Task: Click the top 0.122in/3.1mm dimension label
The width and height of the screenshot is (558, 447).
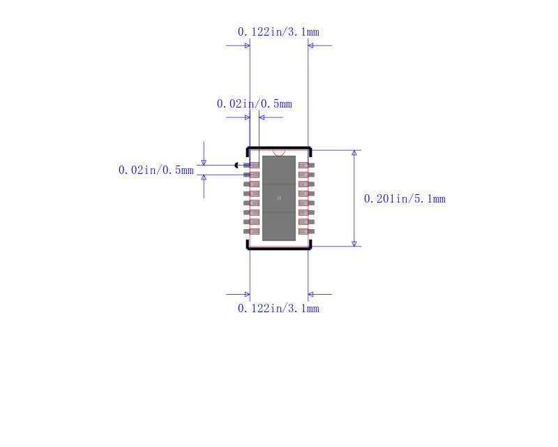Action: click(278, 31)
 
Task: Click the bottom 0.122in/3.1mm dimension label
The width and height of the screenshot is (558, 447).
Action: click(278, 308)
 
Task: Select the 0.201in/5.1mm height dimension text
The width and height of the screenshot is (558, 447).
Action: click(405, 199)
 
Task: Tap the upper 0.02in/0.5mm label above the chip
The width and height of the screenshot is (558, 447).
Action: click(254, 103)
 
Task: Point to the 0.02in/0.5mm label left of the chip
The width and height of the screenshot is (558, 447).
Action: click(156, 170)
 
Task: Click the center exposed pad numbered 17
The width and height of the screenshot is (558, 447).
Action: click(279, 198)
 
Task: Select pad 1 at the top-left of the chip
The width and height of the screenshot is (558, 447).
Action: click(252, 165)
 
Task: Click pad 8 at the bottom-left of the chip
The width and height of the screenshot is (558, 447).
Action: click(252, 231)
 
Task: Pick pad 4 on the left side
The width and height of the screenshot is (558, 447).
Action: click(252, 193)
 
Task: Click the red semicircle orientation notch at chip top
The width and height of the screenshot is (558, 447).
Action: click(279, 152)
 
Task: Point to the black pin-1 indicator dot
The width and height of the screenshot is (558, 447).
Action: click(237, 165)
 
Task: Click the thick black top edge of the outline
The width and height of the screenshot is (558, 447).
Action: click(279, 148)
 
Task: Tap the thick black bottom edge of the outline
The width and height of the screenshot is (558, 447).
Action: click(279, 248)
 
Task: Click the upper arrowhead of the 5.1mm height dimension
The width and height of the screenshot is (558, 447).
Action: click(354, 153)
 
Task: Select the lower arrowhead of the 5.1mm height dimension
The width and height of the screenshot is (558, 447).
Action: click(354, 243)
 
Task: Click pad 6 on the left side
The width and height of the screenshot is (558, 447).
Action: click(252, 212)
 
